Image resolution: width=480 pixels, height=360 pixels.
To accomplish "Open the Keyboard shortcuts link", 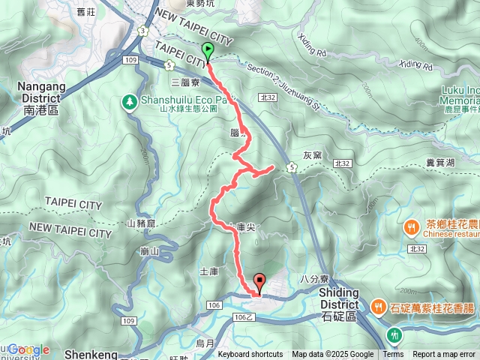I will pos(250,355).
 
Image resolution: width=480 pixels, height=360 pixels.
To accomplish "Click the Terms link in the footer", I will pos(393,355).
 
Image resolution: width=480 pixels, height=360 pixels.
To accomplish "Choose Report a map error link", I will pos(445,355).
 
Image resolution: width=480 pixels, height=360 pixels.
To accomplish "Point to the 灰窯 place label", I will pos(313,156).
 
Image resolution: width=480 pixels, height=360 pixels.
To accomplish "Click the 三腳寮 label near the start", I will pos(184,81).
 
